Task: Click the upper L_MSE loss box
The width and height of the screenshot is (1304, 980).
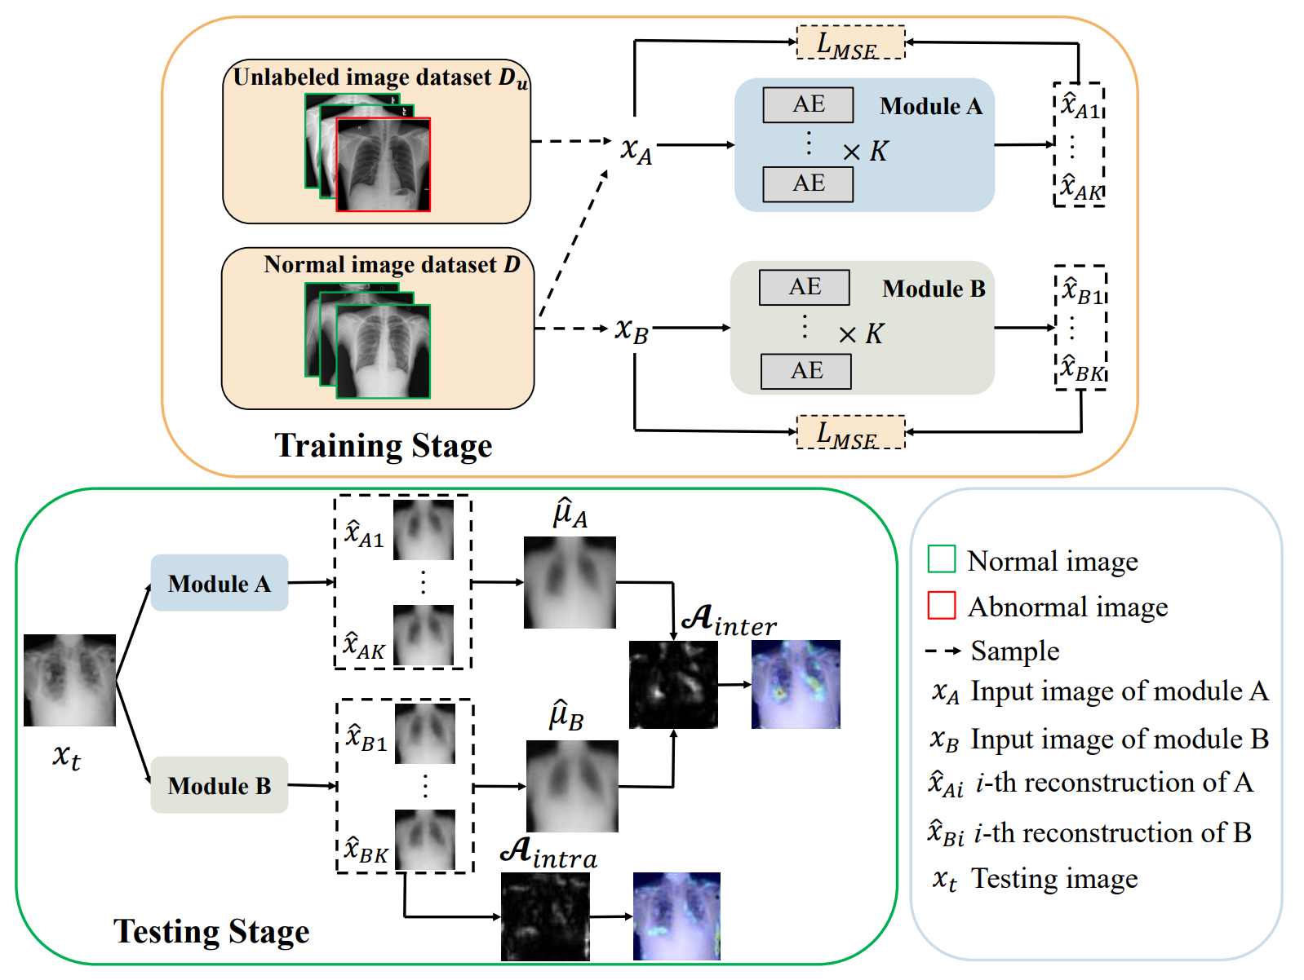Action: click(850, 42)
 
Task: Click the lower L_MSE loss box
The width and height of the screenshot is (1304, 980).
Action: click(850, 432)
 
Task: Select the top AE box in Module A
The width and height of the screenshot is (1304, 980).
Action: click(808, 104)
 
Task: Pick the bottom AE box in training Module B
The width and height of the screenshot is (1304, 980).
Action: click(805, 371)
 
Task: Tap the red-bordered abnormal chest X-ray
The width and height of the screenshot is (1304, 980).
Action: click(384, 165)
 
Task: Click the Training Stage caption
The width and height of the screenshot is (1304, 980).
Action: click(383, 446)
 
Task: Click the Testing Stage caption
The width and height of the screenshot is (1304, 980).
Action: click(211, 931)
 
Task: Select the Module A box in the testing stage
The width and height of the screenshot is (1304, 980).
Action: click(219, 583)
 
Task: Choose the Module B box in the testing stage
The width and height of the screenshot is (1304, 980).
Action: click(219, 785)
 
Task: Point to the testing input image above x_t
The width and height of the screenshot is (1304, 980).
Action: click(69, 680)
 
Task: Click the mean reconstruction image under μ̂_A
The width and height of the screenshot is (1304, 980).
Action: click(570, 582)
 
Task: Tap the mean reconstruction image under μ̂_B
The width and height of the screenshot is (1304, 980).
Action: click(572, 786)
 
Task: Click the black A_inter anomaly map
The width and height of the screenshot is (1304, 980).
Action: click(673, 684)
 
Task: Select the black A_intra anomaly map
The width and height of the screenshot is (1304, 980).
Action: click(545, 916)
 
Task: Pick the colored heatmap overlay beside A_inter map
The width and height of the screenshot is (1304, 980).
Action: click(796, 684)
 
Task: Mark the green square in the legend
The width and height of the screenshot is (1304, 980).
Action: click(942, 559)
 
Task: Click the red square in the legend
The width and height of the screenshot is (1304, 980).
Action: click(942, 606)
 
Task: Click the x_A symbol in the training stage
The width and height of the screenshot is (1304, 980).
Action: click(636, 150)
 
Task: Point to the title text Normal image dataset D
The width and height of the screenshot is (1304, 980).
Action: click(392, 265)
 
